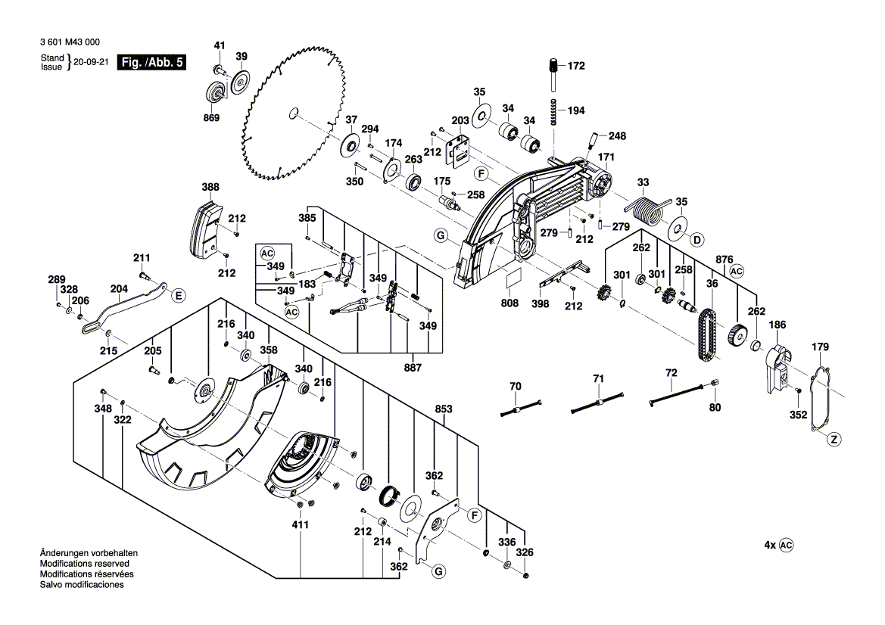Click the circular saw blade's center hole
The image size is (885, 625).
pos(292,114)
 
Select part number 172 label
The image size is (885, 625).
pos(576,67)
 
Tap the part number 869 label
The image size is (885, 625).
pos(210,117)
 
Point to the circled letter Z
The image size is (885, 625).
pos(834,439)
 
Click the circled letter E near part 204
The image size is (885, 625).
pos(178,295)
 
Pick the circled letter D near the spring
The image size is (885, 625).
pos(697,240)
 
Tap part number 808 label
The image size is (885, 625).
pos(509,303)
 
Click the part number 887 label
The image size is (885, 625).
pos(413,368)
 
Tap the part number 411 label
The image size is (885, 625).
pos(301,524)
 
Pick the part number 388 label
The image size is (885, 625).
pos(210,187)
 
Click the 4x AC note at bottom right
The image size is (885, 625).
pos(778,545)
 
